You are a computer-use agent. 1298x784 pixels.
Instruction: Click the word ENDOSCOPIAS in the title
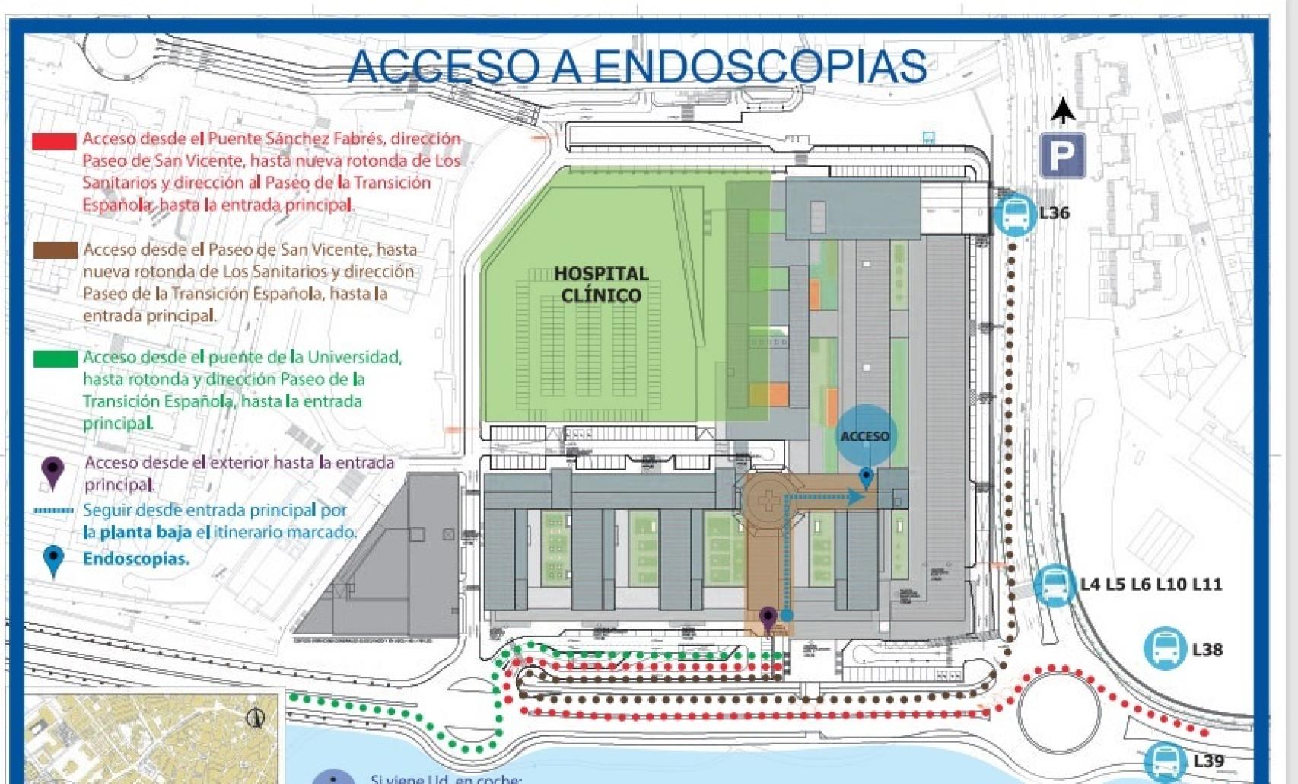(759, 66)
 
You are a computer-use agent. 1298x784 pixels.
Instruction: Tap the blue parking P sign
(1062, 155)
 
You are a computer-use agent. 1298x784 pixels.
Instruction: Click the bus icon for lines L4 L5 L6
(1055, 585)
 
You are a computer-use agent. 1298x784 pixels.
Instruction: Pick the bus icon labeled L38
(1164, 649)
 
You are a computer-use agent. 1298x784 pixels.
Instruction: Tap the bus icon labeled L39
(1164, 760)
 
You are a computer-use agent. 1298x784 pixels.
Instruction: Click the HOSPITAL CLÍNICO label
(601, 284)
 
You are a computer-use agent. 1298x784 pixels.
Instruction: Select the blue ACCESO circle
(865, 435)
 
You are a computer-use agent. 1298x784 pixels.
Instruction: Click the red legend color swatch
(54, 141)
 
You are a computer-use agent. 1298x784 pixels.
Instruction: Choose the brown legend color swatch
(55, 250)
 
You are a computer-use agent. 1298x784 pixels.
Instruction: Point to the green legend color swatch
(55, 359)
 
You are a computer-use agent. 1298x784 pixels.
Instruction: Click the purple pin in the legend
(52, 472)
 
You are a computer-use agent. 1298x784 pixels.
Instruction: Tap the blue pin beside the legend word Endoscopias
(53, 560)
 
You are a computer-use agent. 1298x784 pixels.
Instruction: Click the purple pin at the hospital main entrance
(768, 618)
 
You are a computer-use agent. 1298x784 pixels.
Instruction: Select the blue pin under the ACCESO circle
(866, 478)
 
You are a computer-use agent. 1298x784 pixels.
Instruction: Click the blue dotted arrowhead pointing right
(856, 498)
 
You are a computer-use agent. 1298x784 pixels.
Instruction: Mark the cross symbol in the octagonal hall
(769, 501)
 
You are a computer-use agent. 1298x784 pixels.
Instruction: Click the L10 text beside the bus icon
(1171, 585)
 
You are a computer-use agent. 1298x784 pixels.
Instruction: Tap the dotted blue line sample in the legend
(54, 511)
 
